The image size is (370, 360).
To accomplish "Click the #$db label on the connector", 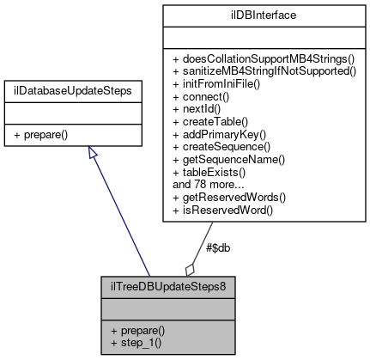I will pyautogui.click(x=218, y=247).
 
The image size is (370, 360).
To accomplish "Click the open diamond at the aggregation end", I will pyautogui.click(x=189, y=268).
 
